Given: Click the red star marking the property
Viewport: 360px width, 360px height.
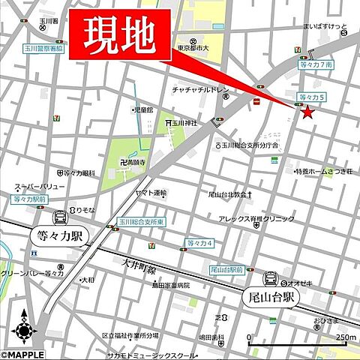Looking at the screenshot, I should pyautogui.click(x=307, y=112).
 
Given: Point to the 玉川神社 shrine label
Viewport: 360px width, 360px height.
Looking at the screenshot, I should pyautogui.click(x=183, y=123).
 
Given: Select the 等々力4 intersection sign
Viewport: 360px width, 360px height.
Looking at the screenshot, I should pyautogui.click(x=200, y=244).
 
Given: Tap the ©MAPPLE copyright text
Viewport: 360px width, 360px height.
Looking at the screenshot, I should pyautogui.click(x=23, y=354).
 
